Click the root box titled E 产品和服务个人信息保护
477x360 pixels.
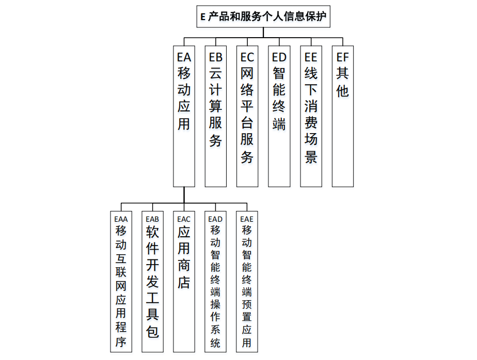coord(263,17)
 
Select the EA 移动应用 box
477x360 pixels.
coord(184,116)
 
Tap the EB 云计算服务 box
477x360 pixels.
coord(216,116)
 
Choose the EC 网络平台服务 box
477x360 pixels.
coord(247,116)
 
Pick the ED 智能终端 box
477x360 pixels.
coord(279,116)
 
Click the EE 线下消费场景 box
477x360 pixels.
coord(311,116)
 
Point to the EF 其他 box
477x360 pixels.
coord(343,116)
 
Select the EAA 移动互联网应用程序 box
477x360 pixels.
coord(121,281)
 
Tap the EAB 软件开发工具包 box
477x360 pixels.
coord(152,281)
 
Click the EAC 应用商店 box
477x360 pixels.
coord(184,281)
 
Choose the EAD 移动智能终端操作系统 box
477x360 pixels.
coord(216,281)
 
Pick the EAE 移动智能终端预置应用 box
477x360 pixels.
coord(247,281)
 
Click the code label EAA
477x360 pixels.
coord(121,219)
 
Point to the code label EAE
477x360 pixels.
coord(247,219)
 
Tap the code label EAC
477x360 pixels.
coord(184,219)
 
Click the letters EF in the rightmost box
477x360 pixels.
coord(343,56)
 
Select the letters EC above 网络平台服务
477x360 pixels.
coord(247,56)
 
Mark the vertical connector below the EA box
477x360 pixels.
coord(184,194)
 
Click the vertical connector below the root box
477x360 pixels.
coord(263,32)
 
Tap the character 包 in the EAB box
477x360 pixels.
coord(152,331)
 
